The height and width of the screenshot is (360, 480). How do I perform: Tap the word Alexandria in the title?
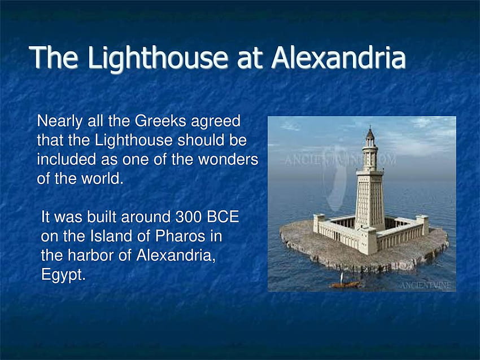tap(339, 57)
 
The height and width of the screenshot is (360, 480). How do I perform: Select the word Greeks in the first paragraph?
tap(160, 121)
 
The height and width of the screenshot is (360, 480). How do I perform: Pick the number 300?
tap(188, 217)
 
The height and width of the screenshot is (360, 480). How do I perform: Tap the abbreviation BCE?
tap(223, 217)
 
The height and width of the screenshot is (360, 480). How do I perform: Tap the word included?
tap(67, 159)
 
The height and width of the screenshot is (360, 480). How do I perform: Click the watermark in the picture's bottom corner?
tap(426, 286)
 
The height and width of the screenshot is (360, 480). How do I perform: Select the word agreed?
tap(216, 122)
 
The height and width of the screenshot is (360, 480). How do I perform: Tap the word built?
tap(102, 217)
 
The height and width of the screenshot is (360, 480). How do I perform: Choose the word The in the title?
tap(54, 57)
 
